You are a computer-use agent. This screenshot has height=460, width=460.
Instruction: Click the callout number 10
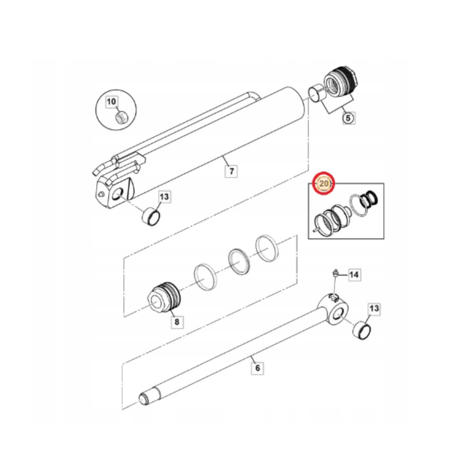[x=111, y=102]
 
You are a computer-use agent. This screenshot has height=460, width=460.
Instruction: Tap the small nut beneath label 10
[x=122, y=117]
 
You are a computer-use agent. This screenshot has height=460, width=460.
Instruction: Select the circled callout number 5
[x=348, y=118]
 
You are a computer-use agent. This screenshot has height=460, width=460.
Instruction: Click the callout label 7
[x=231, y=171]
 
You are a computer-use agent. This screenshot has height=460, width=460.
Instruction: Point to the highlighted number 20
[x=324, y=183]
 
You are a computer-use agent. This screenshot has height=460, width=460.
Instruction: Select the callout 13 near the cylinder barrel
[x=165, y=197]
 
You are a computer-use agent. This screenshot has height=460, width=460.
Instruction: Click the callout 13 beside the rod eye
[x=374, y=308]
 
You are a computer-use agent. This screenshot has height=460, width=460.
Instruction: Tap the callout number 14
[x=354, y=275]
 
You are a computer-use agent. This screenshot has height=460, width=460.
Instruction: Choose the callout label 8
[x=177, y=322]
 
